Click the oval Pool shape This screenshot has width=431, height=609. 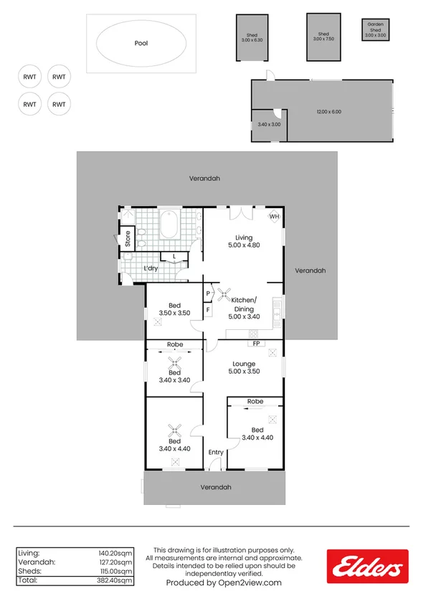pyautogui.click(x=141, y=43)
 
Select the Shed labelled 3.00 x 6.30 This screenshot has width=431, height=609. pyautogui.click(x=252, y=37)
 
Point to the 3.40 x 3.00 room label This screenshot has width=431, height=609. pyautogui.click(x=269, y=125)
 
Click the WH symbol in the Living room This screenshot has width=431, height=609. pyautogui.click(x=274, y=216)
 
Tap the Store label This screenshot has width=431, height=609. pyautogui.click(x=128, y=238)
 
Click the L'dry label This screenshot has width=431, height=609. pyautogui.click(x=151, y=269)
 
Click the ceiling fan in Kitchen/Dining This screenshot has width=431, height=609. pyautogui.click(x=223, y=293)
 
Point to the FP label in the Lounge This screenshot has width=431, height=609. pyautogui.click(x=256, y=344)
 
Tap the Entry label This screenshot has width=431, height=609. pyautogui.click(x=216, y=453)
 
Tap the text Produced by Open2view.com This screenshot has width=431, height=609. pyautogui.click(x=224, y=583)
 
